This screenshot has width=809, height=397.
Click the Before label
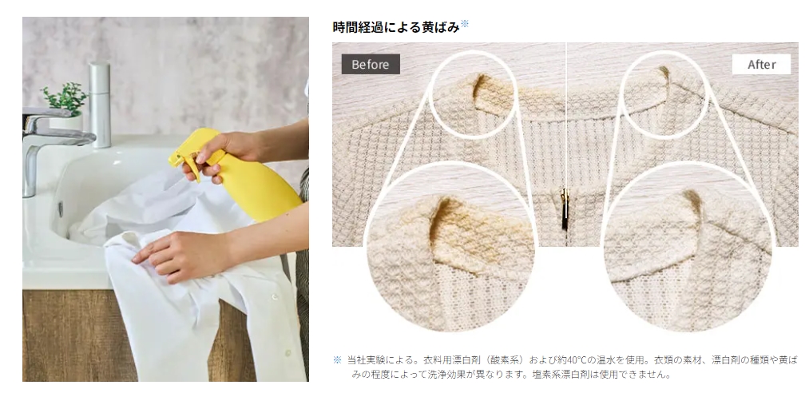point(371,65)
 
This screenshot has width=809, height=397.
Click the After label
point(761,65)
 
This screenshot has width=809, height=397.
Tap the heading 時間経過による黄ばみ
point(396,27)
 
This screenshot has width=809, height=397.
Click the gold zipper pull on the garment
point(565,209)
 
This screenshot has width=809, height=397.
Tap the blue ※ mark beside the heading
point(465,23)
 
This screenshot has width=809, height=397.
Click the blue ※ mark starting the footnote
point(338,359)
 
